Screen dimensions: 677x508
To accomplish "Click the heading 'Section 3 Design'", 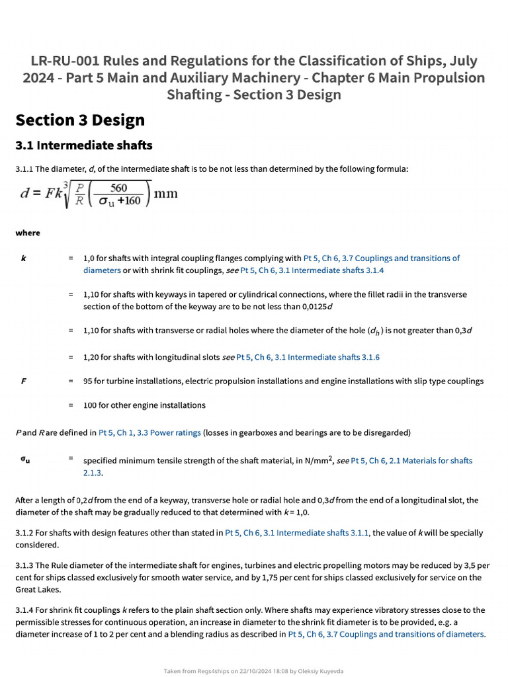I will pos(80,120).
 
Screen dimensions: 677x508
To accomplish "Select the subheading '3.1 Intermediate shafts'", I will pos(84,145).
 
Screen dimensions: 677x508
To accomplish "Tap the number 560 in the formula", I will pos(119,188).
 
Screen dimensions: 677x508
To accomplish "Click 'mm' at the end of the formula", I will pos(165,196).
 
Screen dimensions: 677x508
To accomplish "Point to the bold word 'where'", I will pos(28,233).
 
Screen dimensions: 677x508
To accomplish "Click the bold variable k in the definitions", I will pos(24,259).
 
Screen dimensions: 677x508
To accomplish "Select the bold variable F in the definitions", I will pos(24,381).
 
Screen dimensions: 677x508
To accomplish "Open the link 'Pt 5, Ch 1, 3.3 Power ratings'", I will pos(149,433).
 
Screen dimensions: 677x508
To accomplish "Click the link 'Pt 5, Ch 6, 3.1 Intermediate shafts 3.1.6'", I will pos(308,357).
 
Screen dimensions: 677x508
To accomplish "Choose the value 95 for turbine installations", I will pos(88,381).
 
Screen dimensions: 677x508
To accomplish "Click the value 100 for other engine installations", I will pos(90,405).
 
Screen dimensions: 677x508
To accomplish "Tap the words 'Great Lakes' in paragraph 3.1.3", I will pos(38,590).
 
